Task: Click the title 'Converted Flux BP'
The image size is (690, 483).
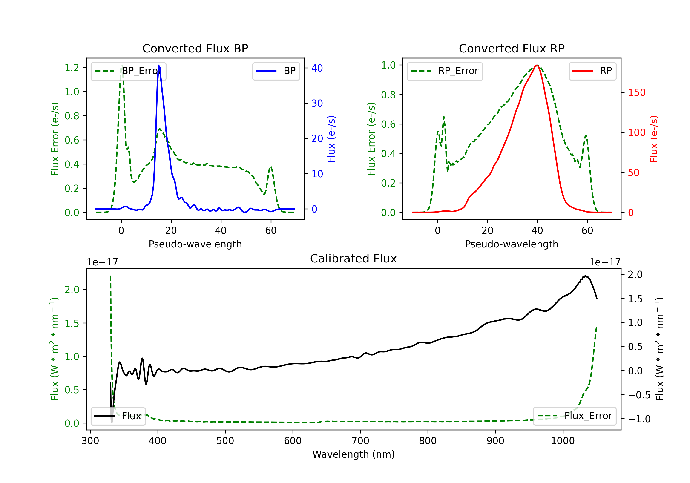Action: click(x=195, y=48)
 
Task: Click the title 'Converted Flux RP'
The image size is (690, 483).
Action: click(x=512, y=48)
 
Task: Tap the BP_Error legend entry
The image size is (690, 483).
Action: click(x=128, y=71)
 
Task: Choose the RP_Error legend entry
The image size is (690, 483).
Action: click(x=445, y=71)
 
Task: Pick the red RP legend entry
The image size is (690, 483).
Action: click(x=592, y=71)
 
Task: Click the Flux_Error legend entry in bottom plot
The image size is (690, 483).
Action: click(x=574, y=416)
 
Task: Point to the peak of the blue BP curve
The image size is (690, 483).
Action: click(x=159, y=66)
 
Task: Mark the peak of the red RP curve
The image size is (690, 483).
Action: click(x=537, y=65)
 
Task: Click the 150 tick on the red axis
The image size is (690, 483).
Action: click(x=636, y=92)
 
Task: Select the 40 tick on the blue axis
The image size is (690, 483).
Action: click(x=317, y=68)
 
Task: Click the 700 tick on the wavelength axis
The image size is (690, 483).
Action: click(x=360, y=441)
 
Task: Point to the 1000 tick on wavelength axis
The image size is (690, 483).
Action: click(x=563, y=441)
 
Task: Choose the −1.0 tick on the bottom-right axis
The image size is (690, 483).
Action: click(x=639, y=419)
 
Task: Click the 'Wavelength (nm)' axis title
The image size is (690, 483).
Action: click(x=354, y=454)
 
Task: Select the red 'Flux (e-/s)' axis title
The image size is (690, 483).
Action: click(x=654, y=139)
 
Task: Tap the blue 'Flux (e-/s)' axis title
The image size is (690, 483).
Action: click(x=331, y=139)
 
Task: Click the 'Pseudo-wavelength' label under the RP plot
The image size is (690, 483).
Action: click(x=512, y=244)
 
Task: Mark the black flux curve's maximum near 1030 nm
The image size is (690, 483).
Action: click(x=585, y=276)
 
